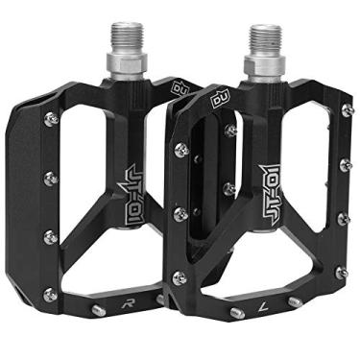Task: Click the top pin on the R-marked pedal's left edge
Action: point(50,118)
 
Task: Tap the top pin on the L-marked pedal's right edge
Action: point(346,111)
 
